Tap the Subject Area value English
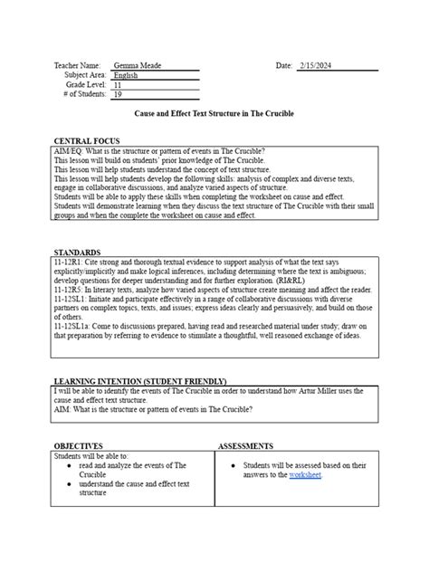[x=128, y=75]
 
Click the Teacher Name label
[x=79, y=66]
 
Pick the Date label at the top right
[x=284, y=66]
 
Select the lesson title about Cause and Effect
[x=214, y=113]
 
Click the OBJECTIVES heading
[x=79, y=446]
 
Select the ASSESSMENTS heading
[x=245, y=446]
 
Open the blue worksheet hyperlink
[x=304, y=474]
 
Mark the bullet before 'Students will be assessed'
[x=234, y=465]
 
